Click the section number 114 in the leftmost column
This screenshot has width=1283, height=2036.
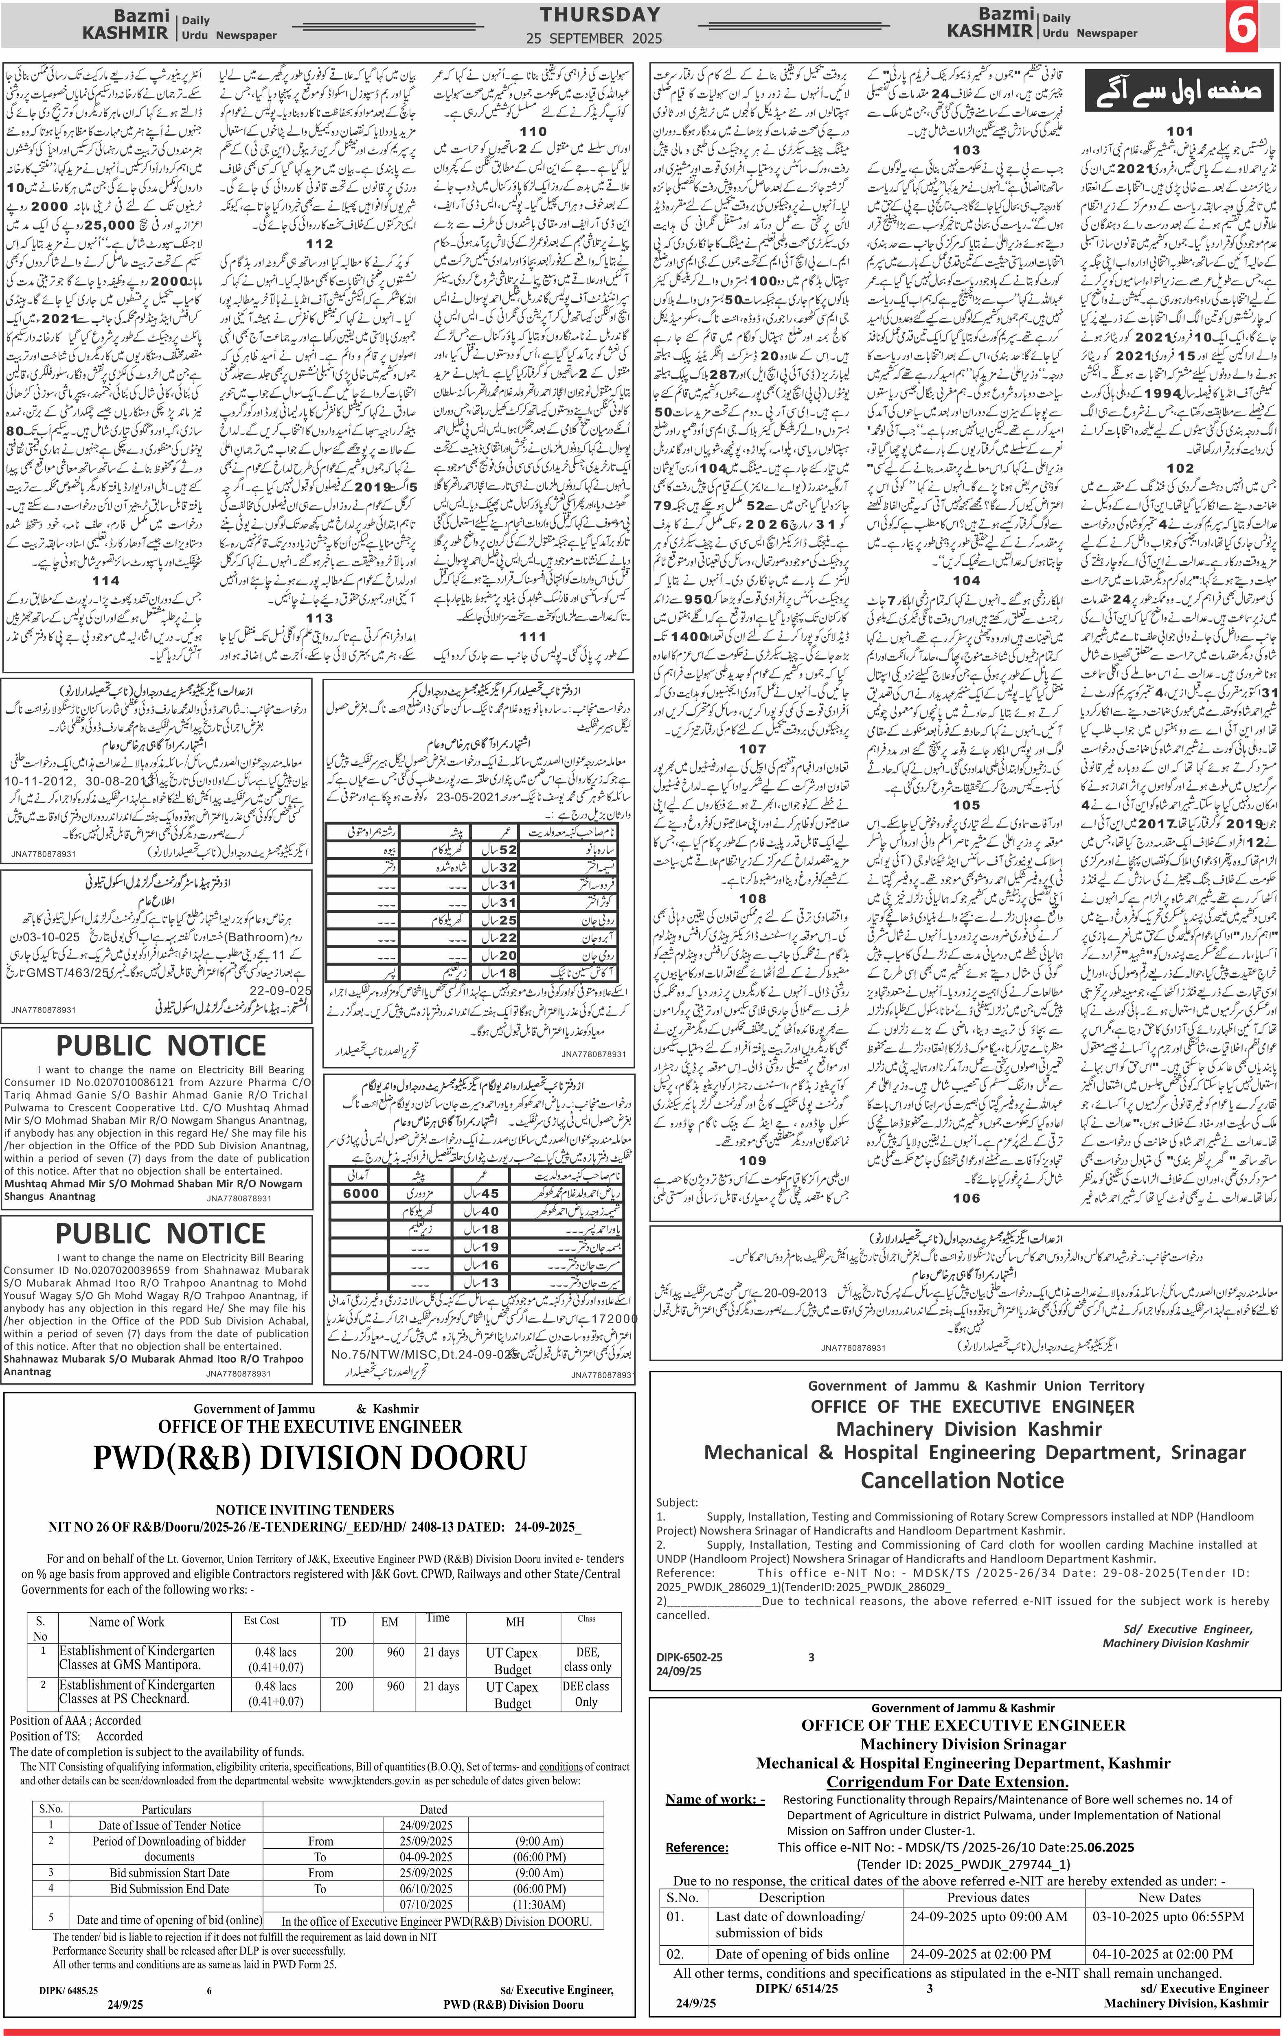[106, 581]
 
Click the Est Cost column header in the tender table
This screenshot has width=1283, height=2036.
[261, 1620]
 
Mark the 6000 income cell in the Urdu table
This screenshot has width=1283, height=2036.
[360, 1193]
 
